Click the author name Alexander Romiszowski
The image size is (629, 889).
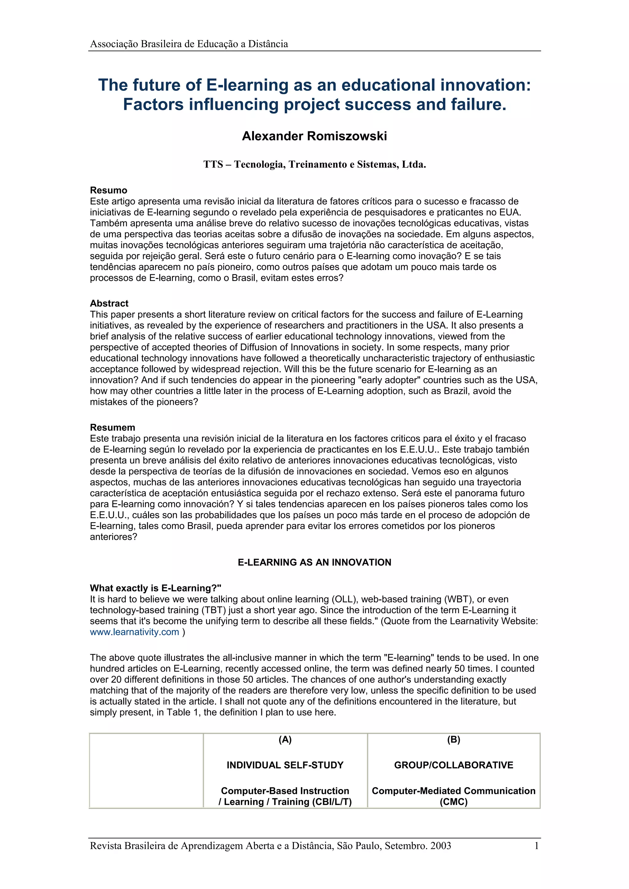(x=314, y=136)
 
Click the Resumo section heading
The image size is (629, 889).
(x=108, y=190)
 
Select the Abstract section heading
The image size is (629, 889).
(x=109, y=303)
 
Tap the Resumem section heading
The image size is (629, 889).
(x=112, y=427)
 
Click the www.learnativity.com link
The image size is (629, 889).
(x=135, y=632)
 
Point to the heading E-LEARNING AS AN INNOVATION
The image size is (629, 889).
(x=314, y=562)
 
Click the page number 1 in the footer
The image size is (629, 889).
(x=536, y=846)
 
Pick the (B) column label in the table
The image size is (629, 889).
(x=453, y=740)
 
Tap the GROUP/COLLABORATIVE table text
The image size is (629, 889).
(x=453, y=765)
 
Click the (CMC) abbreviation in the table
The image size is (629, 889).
(x=453, y=802)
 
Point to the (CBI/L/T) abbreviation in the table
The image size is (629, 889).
(x=332, y=802)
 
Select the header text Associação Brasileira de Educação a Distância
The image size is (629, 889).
(x=189, y=44)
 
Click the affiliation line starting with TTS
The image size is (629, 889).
(x=314, y=164)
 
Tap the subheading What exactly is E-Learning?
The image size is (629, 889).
(x=155, y=588)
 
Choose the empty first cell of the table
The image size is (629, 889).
(x=146, y=770)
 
